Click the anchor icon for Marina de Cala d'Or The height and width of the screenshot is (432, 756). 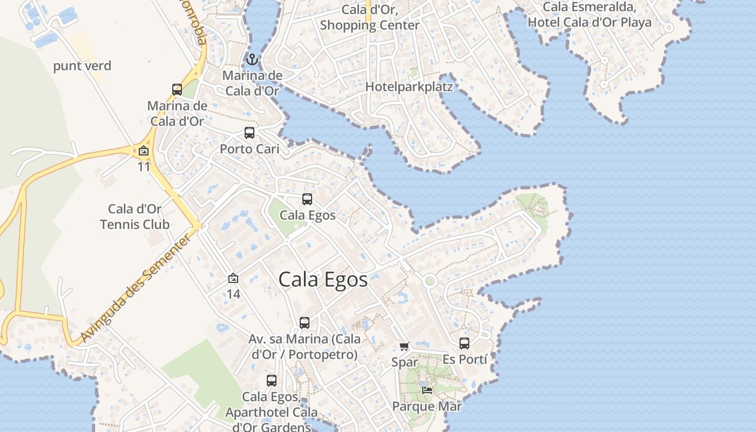coord(252,59)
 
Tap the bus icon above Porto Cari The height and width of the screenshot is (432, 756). coord(249,133)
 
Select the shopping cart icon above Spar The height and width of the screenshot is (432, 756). coord(404,346)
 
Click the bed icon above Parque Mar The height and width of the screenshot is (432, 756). coord(427,390)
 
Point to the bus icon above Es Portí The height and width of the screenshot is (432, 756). coord(464,343)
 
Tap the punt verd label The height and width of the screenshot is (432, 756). coord(82,66)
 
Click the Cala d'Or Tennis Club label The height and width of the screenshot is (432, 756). coord(135,217)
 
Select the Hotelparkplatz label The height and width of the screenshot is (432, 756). coord(409,86)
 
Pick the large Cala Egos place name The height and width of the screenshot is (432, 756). coord(323,280)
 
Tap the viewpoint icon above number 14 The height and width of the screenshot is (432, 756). coord(233,279)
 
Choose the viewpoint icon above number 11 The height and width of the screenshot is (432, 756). coord(144,151)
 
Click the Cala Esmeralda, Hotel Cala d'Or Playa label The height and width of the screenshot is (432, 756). coord(590,15)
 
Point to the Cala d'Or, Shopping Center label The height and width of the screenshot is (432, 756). coord(370,17)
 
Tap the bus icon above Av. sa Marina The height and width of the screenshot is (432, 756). coord(305,323)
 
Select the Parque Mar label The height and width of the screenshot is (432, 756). coord(427,406)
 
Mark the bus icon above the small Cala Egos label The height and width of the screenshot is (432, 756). coord(307,199)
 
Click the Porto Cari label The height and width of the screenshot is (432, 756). coord(249,148)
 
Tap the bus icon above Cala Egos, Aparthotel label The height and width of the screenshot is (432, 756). coord(272,381)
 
